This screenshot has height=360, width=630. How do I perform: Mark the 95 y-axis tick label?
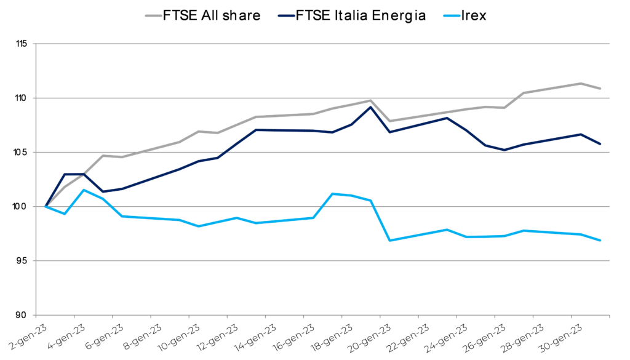pos(22,261)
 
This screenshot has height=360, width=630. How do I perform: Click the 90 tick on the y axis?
pos(22,315)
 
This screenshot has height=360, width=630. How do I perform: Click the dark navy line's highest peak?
pos(370,107)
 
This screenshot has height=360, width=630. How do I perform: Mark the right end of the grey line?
pos(600,89)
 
